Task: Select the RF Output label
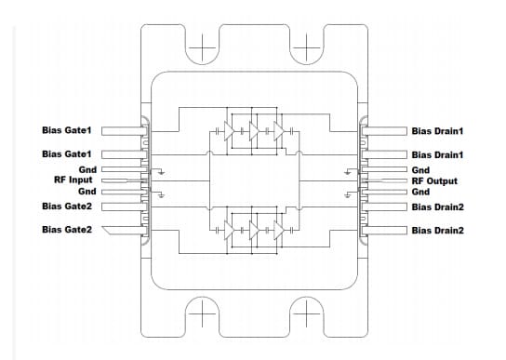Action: pos(435,180)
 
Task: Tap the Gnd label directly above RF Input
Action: pos(87,170)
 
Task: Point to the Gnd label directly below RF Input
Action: pos(87,191)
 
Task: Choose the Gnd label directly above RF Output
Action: pos(420,170)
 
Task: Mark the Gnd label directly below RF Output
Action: pos(420,191)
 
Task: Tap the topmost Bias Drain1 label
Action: pos(437,130)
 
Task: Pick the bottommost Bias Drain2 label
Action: pos(437,229)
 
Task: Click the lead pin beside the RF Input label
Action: pos(119,180)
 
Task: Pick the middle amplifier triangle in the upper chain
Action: pos(253,131)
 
